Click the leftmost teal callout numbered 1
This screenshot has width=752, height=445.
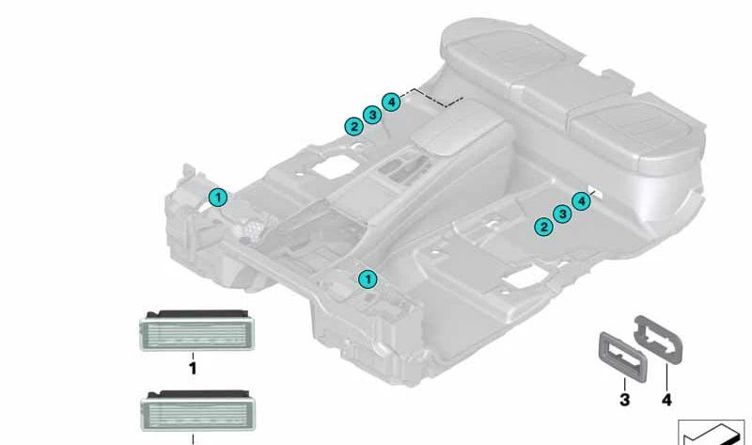point(218,198)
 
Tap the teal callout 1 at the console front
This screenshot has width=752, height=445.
point(368,278)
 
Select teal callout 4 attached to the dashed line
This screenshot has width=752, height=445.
point(391,102)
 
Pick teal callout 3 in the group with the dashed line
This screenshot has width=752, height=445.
point(372,115)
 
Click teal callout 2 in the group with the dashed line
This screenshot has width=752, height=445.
point(354,127)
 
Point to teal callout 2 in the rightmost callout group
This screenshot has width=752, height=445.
point(543,226)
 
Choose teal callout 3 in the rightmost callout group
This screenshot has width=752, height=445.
point(562,214)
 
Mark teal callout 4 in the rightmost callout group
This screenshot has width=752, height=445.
point(581,200)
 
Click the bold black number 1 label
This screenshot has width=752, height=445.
point(193,369)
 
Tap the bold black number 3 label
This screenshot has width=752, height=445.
point(624,400)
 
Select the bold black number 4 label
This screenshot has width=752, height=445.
point(666,400)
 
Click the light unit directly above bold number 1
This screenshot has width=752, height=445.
point(197,330)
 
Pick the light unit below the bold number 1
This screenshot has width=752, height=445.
point(197,410)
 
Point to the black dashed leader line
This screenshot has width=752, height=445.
point(431,98)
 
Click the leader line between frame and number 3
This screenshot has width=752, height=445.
point(624,384)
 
